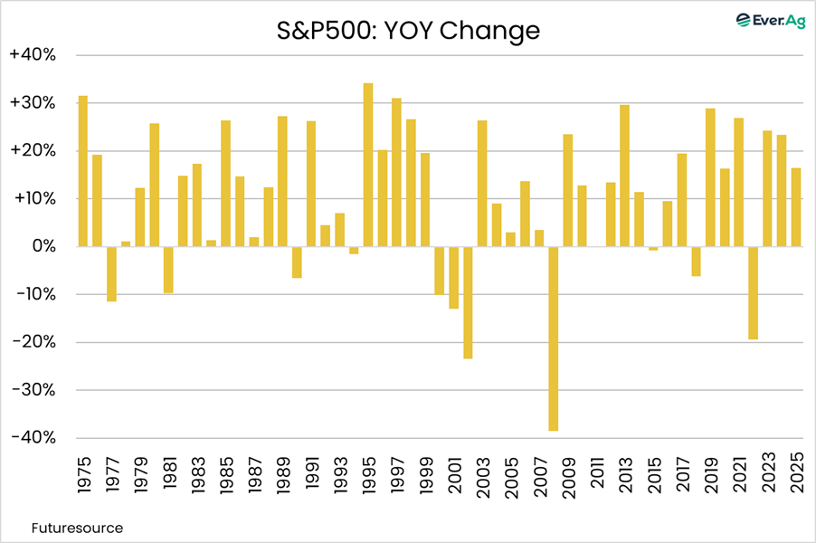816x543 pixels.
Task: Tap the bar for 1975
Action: tap(83, 171)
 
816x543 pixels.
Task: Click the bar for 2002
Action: tap(469, 302)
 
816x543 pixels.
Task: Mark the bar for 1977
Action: tap(111, 273)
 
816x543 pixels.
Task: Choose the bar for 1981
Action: tap(168, 270)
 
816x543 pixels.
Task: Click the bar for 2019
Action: tap(710, 177)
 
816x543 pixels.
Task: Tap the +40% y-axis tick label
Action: tap(33, 55)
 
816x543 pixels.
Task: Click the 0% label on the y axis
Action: tap(40, 246)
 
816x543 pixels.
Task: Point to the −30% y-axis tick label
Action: tap(33, 390)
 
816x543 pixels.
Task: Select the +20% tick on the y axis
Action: tap(33, 151)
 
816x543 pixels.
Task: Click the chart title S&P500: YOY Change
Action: tap(408, 32)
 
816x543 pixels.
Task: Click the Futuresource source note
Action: tap(77, 527)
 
